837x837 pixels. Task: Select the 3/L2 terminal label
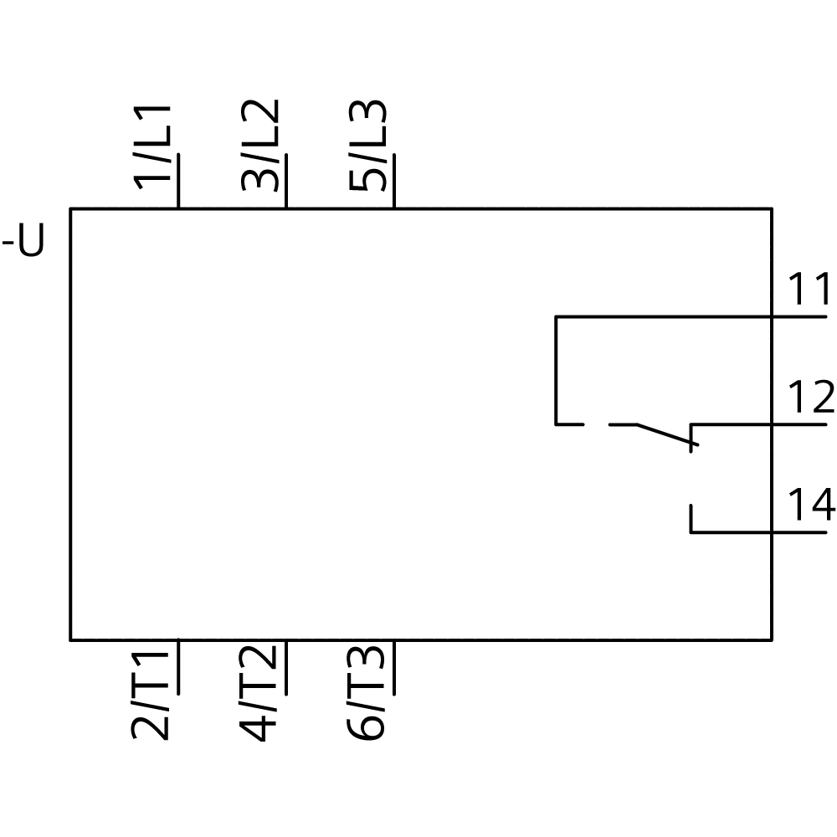click(x=260, y=145)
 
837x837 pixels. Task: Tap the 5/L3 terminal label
click(x=367, y=145)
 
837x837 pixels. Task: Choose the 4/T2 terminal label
click(x=258, y=693)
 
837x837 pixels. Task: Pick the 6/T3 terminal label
click(x=366, y=693)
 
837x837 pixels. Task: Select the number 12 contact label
click(x=811, y=397)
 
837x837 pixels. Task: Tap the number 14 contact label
click(x=811, y=504)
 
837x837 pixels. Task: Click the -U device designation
click(x=23, y=241)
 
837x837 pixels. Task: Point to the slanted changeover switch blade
click(x=667, y=434)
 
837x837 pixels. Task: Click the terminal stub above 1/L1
click(x=178, y=181)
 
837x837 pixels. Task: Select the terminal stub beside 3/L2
click(x=286, y=181)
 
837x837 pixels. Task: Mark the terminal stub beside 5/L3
click(x=394, y=181)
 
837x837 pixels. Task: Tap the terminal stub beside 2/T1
click(x=178, y=667)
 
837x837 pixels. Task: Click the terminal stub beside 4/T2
click(x=286, y=667)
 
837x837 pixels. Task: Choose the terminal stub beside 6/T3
click(x=394, y=667)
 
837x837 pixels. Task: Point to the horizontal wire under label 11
click(x=691, y=317)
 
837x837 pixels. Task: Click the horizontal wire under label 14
click(x=758, y=532)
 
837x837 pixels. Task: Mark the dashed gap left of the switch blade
click(x=596, y=425)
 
